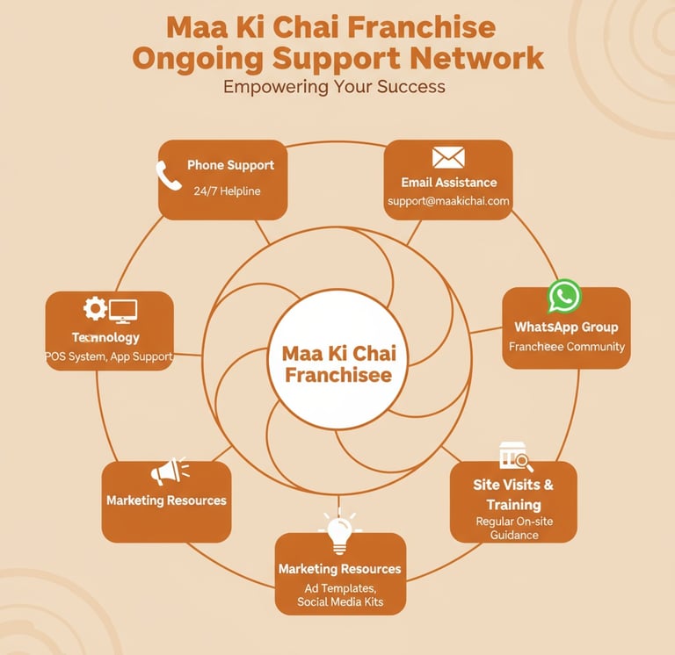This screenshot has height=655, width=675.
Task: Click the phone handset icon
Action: pos(169,176)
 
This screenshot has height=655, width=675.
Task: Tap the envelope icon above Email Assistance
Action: pos(448,157)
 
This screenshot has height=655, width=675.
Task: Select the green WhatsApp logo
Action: pos(563,296)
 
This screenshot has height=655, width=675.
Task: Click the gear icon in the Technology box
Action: pos(95,308)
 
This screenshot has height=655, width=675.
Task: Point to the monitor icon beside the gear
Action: pos(123,310)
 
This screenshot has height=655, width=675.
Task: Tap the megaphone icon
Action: pos(167,471)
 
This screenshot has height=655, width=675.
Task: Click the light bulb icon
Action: pos(339,531)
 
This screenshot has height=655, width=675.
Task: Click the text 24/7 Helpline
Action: pos(227,191)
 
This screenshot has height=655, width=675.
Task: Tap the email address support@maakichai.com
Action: pos(448,201)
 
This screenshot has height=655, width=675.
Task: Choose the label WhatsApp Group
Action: pos(566,327)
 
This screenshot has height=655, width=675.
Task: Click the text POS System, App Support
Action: pos(109,357)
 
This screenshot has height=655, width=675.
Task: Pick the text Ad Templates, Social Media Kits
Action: pos(339,594)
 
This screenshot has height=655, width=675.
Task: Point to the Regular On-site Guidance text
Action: pos(514,528)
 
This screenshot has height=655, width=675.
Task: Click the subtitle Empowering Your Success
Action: pos(334,87)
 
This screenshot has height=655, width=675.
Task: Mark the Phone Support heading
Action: pos(230,165)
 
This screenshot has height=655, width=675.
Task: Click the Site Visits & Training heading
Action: pos(513,494)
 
